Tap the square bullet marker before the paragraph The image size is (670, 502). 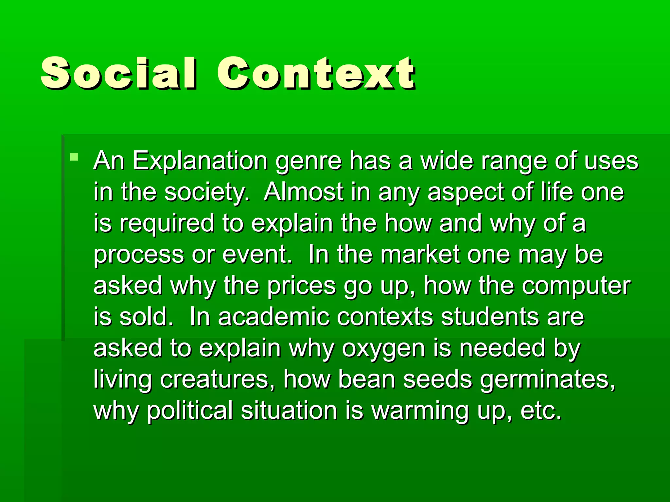coord(74,157)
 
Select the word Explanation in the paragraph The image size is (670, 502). coord(200,161)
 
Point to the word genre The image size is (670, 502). coord(309,161)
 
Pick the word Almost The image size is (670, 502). coord(304,192)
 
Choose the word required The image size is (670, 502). coord(167,224)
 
